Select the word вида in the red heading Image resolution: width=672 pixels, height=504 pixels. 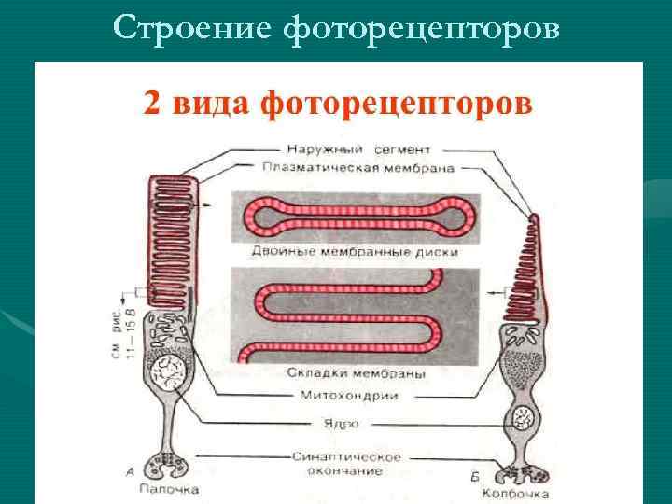(209, 104)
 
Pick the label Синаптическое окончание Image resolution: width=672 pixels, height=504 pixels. (344, 463)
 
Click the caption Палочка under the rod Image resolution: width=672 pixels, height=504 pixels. (169, 487)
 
